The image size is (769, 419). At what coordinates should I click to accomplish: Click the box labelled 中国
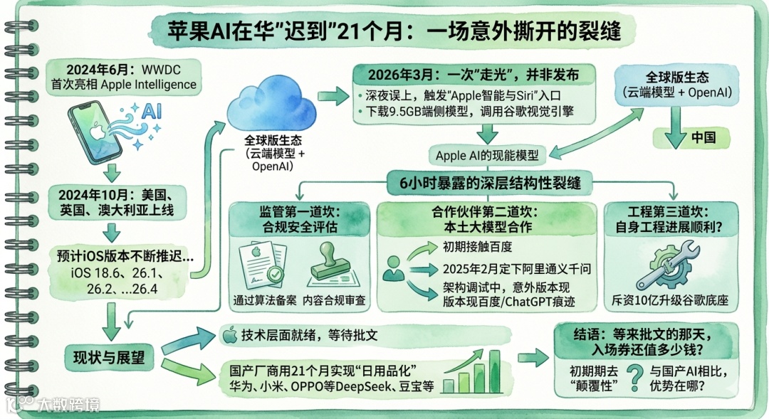[703, 138]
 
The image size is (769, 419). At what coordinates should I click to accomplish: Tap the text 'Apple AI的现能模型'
[487, 154]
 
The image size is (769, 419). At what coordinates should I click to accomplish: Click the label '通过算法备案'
[263, 300]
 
